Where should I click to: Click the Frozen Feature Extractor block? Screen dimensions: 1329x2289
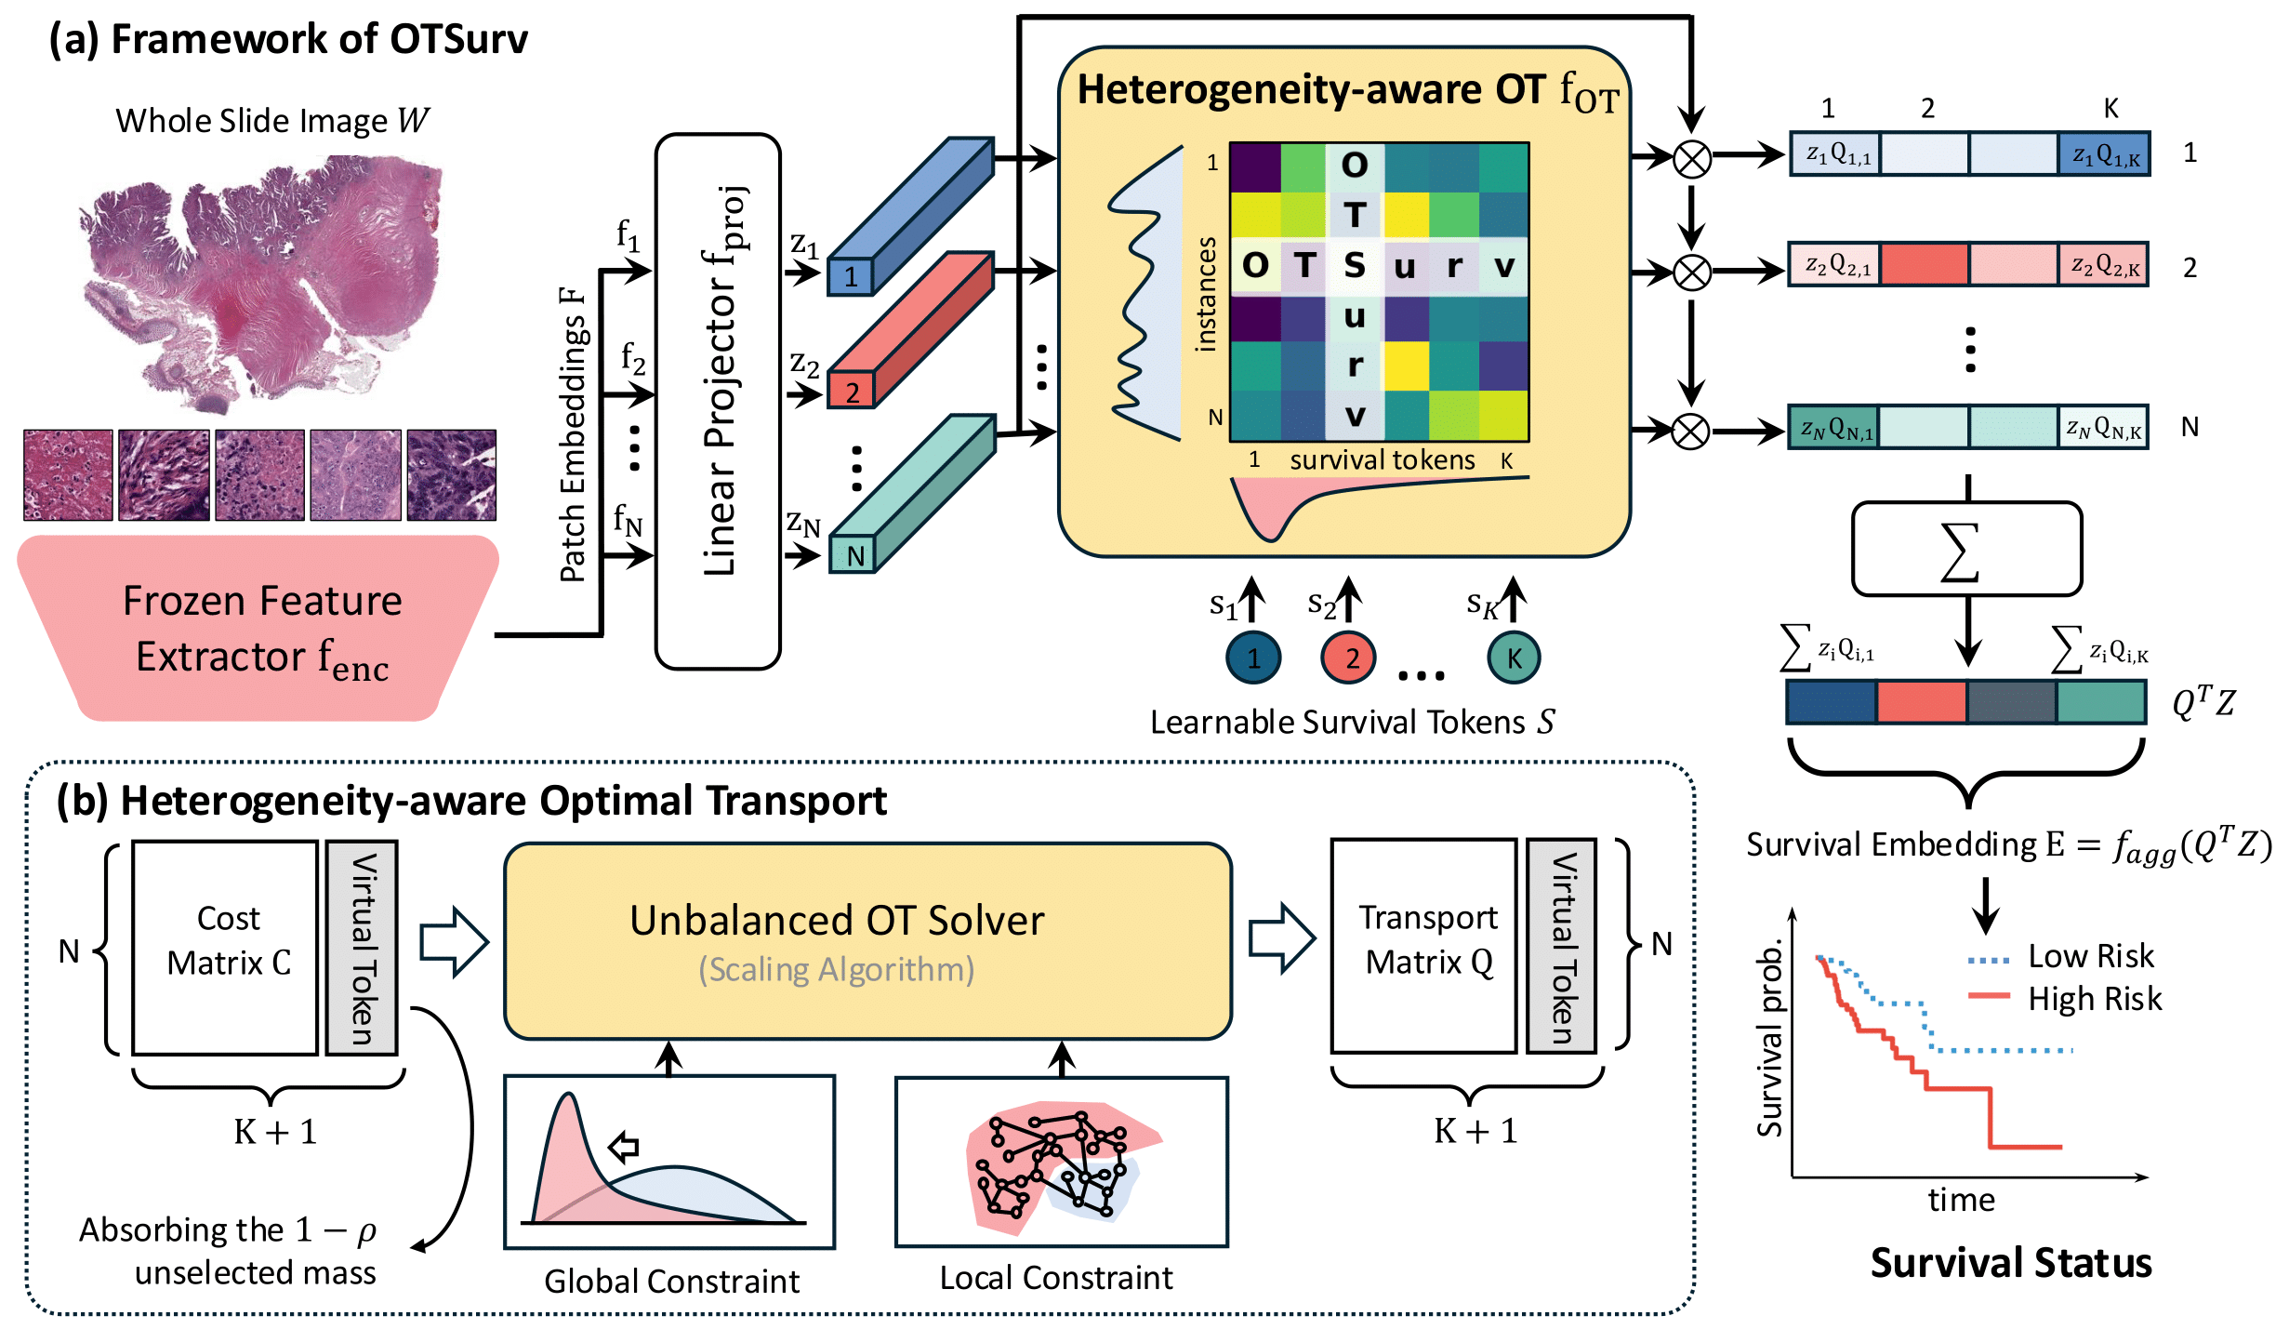click(260, 629)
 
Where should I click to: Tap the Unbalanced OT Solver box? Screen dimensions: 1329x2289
click(867, 941)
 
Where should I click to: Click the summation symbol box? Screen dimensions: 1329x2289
click(1966, 550)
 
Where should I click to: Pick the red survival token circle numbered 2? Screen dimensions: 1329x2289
click(1347, 658)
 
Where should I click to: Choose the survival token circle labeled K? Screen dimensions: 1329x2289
click(1514, 658)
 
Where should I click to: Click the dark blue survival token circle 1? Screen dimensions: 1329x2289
click(1253, 658)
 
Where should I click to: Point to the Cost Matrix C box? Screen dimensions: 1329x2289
click(226, 947)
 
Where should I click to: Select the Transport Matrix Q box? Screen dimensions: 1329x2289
click(1424, 945)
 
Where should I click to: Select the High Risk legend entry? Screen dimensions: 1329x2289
click(2064, 999)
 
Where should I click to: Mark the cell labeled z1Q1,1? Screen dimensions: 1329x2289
click(1835, 154)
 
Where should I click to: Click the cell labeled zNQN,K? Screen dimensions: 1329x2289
click(2103, 429)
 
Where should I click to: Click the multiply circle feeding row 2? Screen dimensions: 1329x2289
click(1691, 272)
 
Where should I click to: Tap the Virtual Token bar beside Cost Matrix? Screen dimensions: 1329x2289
click(362, 947)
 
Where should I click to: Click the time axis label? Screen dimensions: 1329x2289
click(1961, 1201)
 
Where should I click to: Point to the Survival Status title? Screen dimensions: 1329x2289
click(2010, 1263)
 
